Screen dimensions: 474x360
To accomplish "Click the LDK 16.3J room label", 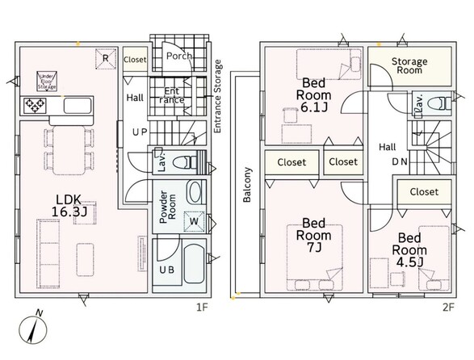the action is [69, 206].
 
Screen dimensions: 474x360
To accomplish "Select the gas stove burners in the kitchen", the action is [35, 106].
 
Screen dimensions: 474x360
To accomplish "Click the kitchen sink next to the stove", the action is [78, 106].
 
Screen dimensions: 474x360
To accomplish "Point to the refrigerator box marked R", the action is [106, 58].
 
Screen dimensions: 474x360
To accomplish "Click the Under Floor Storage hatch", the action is [47, 82].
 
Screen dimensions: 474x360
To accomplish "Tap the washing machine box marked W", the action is [194, 221].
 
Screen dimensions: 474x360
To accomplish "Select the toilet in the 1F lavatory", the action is [185, 162].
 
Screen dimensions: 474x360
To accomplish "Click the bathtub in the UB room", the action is [195, 264].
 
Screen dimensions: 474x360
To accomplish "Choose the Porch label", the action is [179, 56].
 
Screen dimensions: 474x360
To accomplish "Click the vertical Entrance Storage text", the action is [218, 96].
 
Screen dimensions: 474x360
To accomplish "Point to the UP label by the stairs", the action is [140, 132].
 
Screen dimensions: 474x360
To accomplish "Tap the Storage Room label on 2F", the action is [409, 65].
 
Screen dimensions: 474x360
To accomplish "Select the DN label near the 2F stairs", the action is [400, 162].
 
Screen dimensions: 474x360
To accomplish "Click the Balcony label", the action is [247, 185].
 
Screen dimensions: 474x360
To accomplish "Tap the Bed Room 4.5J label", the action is [409, 250].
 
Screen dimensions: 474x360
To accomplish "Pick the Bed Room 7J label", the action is [314, 235].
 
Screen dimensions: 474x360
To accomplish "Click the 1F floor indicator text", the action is [202, 308].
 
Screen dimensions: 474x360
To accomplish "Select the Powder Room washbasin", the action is [195, 192].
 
